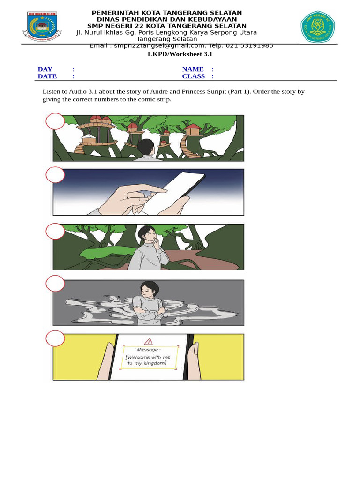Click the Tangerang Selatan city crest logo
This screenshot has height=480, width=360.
click(x=42, y=26)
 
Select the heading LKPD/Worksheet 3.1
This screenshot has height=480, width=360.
click(x=180, y=54)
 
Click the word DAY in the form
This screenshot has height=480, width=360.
click(x=45, y=69)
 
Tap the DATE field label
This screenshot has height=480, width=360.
click(x=47, y=76)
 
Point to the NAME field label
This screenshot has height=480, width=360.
click(x=193, y=69)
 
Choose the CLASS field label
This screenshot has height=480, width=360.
click(x=194, y=76)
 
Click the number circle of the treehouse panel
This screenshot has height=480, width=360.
click(x=55, y=121)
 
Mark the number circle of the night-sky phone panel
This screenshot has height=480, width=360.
click(x=55, y=175)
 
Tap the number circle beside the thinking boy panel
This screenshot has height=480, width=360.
click(x=55, y=231)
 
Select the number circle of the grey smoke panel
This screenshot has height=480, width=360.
click(x=55, y=284)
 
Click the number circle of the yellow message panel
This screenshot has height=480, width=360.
click(x=55, y=338)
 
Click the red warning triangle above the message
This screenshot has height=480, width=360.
click(x=149, y=341)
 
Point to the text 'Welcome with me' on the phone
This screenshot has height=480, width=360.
click(x=148, y=357)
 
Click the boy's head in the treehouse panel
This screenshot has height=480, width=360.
click(x=146, y=147)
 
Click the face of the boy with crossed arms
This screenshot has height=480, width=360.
click(x=150, y=289)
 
